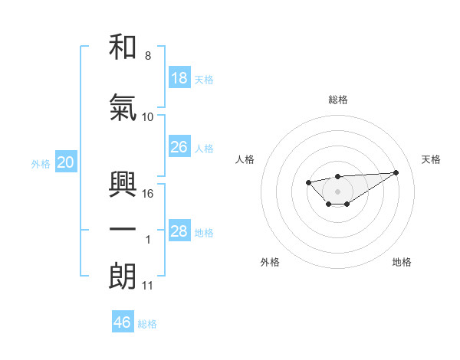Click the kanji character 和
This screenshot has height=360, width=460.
123,47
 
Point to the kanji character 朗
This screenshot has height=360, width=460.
123,277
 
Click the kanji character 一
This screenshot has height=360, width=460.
123,230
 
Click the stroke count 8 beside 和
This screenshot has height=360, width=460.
148,56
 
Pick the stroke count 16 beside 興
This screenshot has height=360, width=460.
148,194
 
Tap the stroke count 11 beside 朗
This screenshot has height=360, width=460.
148,286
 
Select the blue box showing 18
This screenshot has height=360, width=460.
179,78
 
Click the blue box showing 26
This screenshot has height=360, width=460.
179,147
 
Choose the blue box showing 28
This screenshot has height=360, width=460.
179,231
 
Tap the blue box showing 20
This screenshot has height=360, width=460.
66,162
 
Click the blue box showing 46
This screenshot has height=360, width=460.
123,322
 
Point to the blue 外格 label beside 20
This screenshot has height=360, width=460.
41,163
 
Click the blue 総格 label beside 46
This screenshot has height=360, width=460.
147,323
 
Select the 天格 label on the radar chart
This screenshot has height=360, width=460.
431,159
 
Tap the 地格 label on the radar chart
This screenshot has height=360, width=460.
402,262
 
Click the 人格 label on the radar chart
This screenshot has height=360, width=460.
245,159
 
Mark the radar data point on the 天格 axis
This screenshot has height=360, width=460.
396,172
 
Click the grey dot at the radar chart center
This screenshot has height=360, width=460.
337,191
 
